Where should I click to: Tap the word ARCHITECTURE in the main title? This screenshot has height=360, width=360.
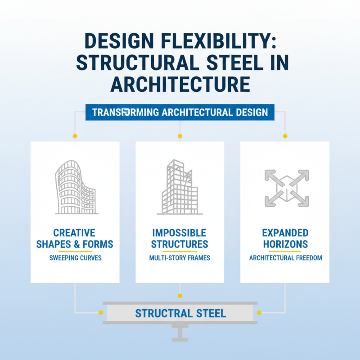(x=180, y=84)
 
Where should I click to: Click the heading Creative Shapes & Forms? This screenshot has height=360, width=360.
(x=75, y=239)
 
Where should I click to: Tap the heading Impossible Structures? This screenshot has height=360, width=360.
(x=180, y=239)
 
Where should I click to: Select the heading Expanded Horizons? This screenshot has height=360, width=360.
(x=285, y=239)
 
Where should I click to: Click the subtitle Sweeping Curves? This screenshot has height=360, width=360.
(x=75, y=258)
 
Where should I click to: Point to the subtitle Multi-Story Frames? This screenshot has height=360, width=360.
(x=180, y=258)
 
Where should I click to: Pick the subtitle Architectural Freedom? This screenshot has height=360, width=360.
(x=285, y=258)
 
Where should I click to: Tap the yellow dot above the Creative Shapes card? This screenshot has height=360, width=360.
(x=75, y=136)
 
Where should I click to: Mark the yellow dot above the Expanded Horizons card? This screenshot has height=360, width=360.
(x=285, y=136)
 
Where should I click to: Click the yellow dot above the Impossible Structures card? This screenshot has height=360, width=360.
(x=180, y=136)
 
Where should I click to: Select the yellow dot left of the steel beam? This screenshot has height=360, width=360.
(x=100, y=312)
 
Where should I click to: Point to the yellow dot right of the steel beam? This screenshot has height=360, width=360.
(x=260, y=312)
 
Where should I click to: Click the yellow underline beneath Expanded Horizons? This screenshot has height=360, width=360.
(x=285, y=251)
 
